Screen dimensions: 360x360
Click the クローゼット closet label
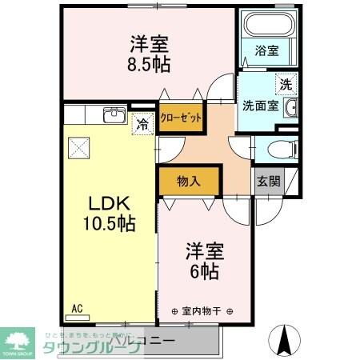pyautogui.click(x=179, y=117)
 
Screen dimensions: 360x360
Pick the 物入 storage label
pyautogui.click(x=188, y=182)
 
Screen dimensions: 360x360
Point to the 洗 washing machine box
pyautogui.click(x=284, y=82)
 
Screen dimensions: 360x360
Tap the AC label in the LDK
pyautogui.click(x=77, y=307)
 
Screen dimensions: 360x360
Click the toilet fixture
pyautogui.click(x=278, y=147)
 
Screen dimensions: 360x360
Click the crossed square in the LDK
pyautogui.click(x=78, y=147)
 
